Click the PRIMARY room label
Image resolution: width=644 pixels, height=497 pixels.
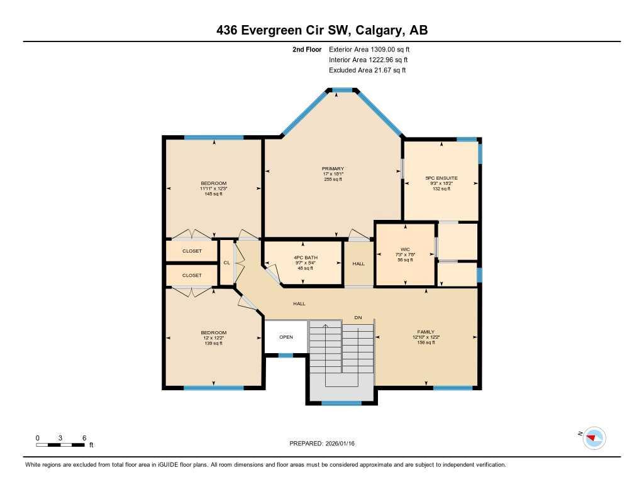(333, 168)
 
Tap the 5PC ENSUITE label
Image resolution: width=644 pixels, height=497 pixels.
(441, 178)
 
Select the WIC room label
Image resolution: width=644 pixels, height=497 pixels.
(405, 249)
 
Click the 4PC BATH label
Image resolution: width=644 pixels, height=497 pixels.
(305, 258)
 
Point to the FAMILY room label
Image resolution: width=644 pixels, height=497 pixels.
(426, 332)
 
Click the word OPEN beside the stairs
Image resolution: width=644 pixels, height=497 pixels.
(286, 337)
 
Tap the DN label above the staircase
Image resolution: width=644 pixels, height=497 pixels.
(358, 318)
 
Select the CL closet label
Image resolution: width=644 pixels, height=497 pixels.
(226, 263)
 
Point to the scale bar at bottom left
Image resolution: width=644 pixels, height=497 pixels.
(60, 445)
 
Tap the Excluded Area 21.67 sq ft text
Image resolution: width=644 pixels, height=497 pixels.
(367, 70)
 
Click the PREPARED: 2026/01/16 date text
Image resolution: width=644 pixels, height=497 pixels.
(322, 444)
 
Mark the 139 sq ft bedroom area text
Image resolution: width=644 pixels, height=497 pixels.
(213, 343)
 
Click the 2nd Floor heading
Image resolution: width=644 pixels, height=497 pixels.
(307, 49)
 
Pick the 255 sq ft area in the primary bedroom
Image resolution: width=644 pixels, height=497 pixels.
(333, 180)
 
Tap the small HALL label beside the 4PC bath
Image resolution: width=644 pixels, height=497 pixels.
(358, 263)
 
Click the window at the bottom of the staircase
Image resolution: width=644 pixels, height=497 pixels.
(341, 403)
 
